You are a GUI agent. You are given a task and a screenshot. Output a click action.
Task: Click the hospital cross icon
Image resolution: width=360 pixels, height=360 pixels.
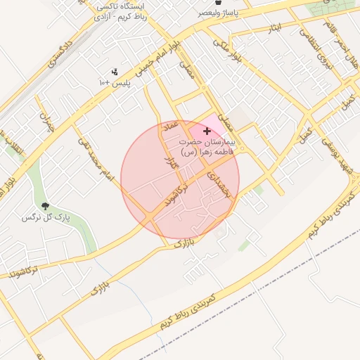point(207,131)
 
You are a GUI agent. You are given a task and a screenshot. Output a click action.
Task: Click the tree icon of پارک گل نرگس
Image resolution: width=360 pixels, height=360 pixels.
point(46,206)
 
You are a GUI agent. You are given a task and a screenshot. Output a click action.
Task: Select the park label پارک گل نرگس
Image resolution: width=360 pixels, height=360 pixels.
point(46,218)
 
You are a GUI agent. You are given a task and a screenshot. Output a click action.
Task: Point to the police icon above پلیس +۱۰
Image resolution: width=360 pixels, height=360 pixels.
point(115,72)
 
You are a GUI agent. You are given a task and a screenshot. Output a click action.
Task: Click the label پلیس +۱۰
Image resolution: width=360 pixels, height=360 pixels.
point(114,83)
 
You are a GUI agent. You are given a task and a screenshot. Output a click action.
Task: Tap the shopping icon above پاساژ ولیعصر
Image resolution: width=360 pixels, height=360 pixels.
point(222,4)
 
